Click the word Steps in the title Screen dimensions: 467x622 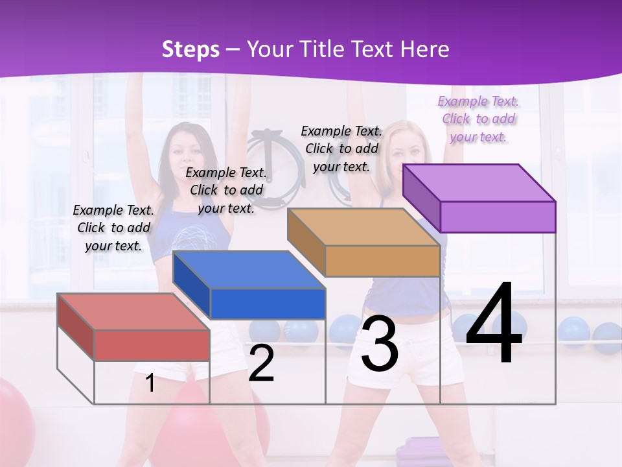point(190,49)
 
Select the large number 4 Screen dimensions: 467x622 point(494,324)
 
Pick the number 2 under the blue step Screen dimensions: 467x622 point(261,363)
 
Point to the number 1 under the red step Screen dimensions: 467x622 point(150,383)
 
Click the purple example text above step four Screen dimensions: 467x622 point(479,119)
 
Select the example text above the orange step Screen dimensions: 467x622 point(341,149)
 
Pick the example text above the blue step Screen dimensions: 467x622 point(226,190)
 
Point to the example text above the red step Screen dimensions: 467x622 point(113,228)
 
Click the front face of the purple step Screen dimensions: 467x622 point(498,217)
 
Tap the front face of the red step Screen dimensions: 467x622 point(152,345)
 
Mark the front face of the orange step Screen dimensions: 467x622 point(382,261)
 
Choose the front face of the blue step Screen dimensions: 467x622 point(267,304)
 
